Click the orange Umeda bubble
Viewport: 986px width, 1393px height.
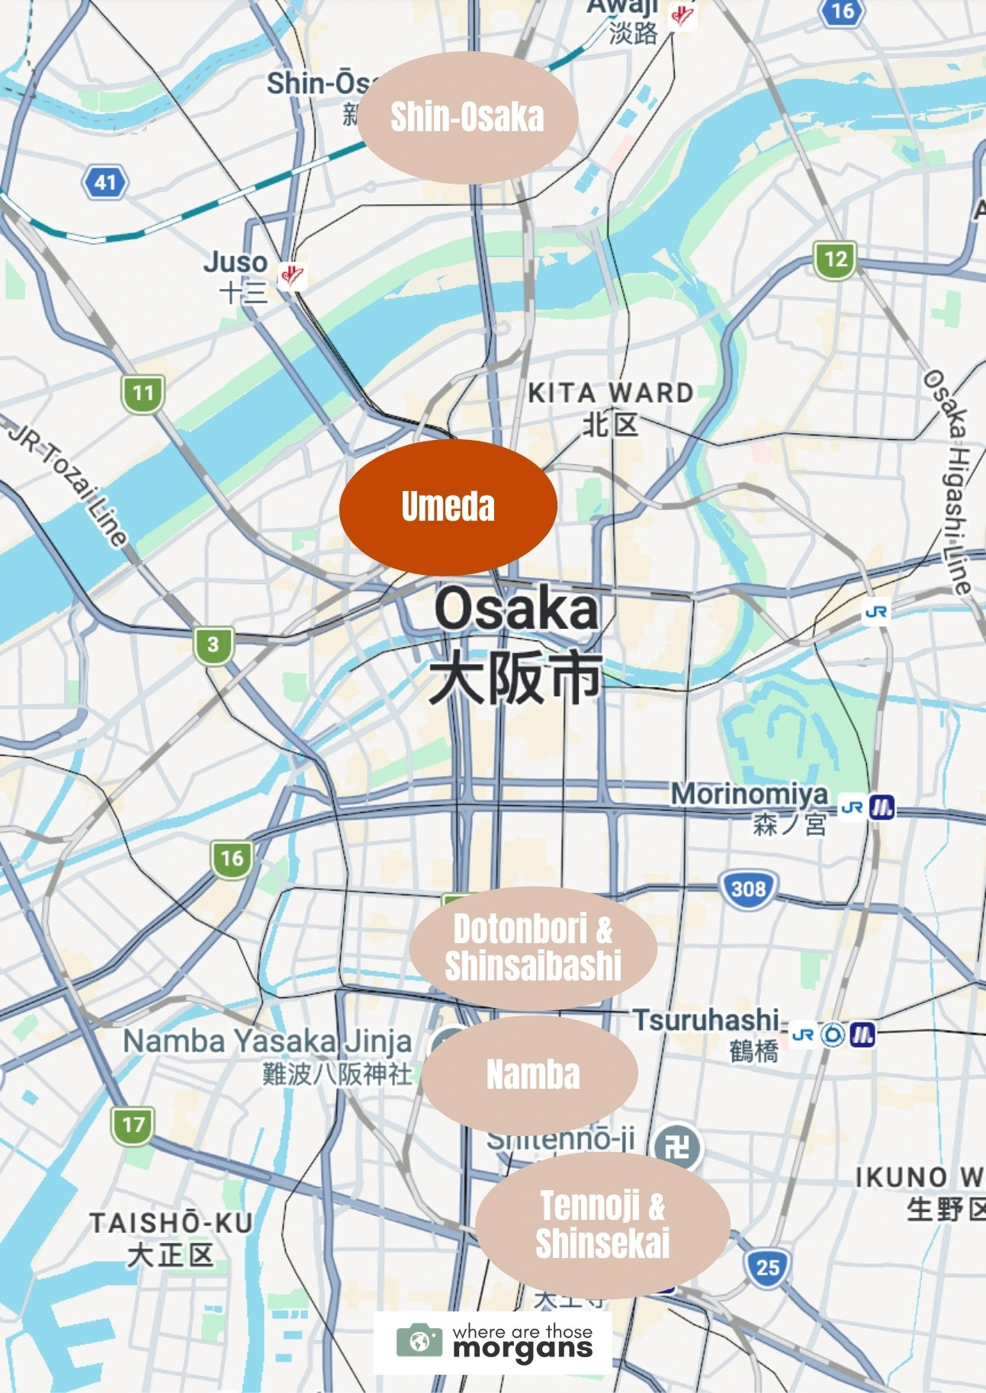coord(448,506)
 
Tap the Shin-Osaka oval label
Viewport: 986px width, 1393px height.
coord(467,117)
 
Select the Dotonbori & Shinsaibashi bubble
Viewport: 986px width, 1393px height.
coord(533,948)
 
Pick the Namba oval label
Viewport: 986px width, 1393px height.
coord(532,1074)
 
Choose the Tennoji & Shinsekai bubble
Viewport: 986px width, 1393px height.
coord(602,1225)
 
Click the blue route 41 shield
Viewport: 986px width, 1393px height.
coord(105,182)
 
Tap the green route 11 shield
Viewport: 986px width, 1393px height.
coord(143,393)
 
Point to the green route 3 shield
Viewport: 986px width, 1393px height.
coord(213,644)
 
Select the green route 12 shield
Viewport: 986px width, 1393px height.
coord(835,259)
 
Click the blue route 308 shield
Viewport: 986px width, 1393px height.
coord(748,889)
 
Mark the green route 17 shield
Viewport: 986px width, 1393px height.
coord(133,1125)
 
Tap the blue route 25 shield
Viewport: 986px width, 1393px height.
coord(767,1267)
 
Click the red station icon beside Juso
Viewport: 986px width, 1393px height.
coord(291,274)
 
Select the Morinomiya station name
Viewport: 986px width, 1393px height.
coord(749,794)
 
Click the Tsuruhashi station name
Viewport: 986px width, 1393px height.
coord(706,1020)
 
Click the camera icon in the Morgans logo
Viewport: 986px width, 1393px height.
coord(419,1340)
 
